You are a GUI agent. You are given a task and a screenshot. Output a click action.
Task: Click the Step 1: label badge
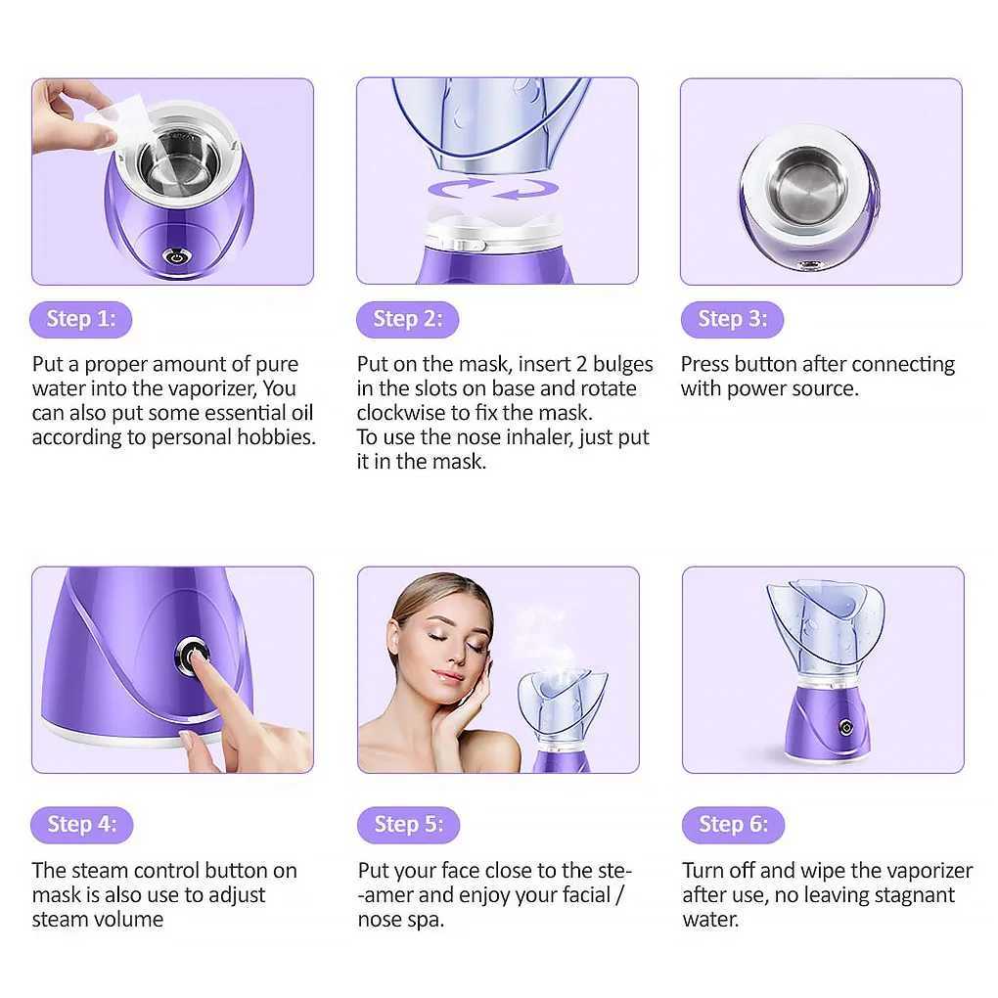click(81, 319)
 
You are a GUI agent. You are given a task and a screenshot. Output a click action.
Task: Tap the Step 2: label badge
click(407, 319)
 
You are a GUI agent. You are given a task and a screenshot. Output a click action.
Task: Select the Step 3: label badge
click(732, 319)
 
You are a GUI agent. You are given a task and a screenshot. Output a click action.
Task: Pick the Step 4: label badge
click(81, 825)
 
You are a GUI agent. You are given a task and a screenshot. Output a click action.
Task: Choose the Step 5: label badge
click(407, 825)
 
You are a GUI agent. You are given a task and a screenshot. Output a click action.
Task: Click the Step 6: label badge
click(733, 825)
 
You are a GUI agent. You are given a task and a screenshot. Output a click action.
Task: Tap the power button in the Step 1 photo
click(176, 257)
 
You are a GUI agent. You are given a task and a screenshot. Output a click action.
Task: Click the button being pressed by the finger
click(191, 655)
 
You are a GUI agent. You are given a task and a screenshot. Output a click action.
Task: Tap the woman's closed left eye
click(476, 647)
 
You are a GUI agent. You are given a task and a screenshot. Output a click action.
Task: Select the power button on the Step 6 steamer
click(842, 727)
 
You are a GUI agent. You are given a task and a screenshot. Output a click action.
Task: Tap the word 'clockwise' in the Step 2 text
click(402, 413)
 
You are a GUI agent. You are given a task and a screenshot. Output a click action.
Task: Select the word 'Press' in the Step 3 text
click(704, 364)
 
